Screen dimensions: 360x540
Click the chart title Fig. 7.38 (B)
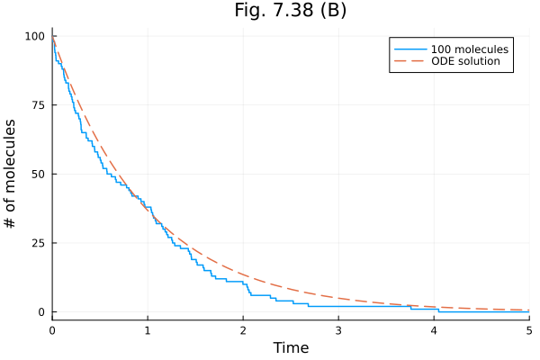pyautogui.click(x=289, y=11)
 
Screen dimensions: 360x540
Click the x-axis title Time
pyautogui.click(x=290, y=347)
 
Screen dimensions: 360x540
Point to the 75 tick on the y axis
pyautogui.click(x=38, y=105)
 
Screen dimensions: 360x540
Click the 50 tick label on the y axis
pyautogui.click(x=38, y=174)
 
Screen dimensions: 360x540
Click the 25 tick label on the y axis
pyautogui.click(x=38, y=243)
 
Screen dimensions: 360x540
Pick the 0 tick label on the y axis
pyautogui.click(x=41, y=312)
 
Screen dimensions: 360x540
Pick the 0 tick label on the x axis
pyautogui.click(x=52, y=330)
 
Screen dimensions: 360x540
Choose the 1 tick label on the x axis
pyautogui.click(x=148, y=330)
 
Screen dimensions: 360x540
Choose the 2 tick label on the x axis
pyautogui.click(x=243, y=330)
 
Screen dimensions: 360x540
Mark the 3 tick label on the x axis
pyautogui.click(x=338, y=330)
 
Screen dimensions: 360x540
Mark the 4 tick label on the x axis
pyautogui.click(x=434, y=330)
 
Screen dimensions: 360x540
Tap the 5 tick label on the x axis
pyautogui.click(x=528, y=330)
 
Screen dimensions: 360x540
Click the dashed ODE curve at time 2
pyautogui.click(x=243, y=274)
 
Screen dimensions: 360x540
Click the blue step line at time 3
pyautogui.click(x=338, y=306)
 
